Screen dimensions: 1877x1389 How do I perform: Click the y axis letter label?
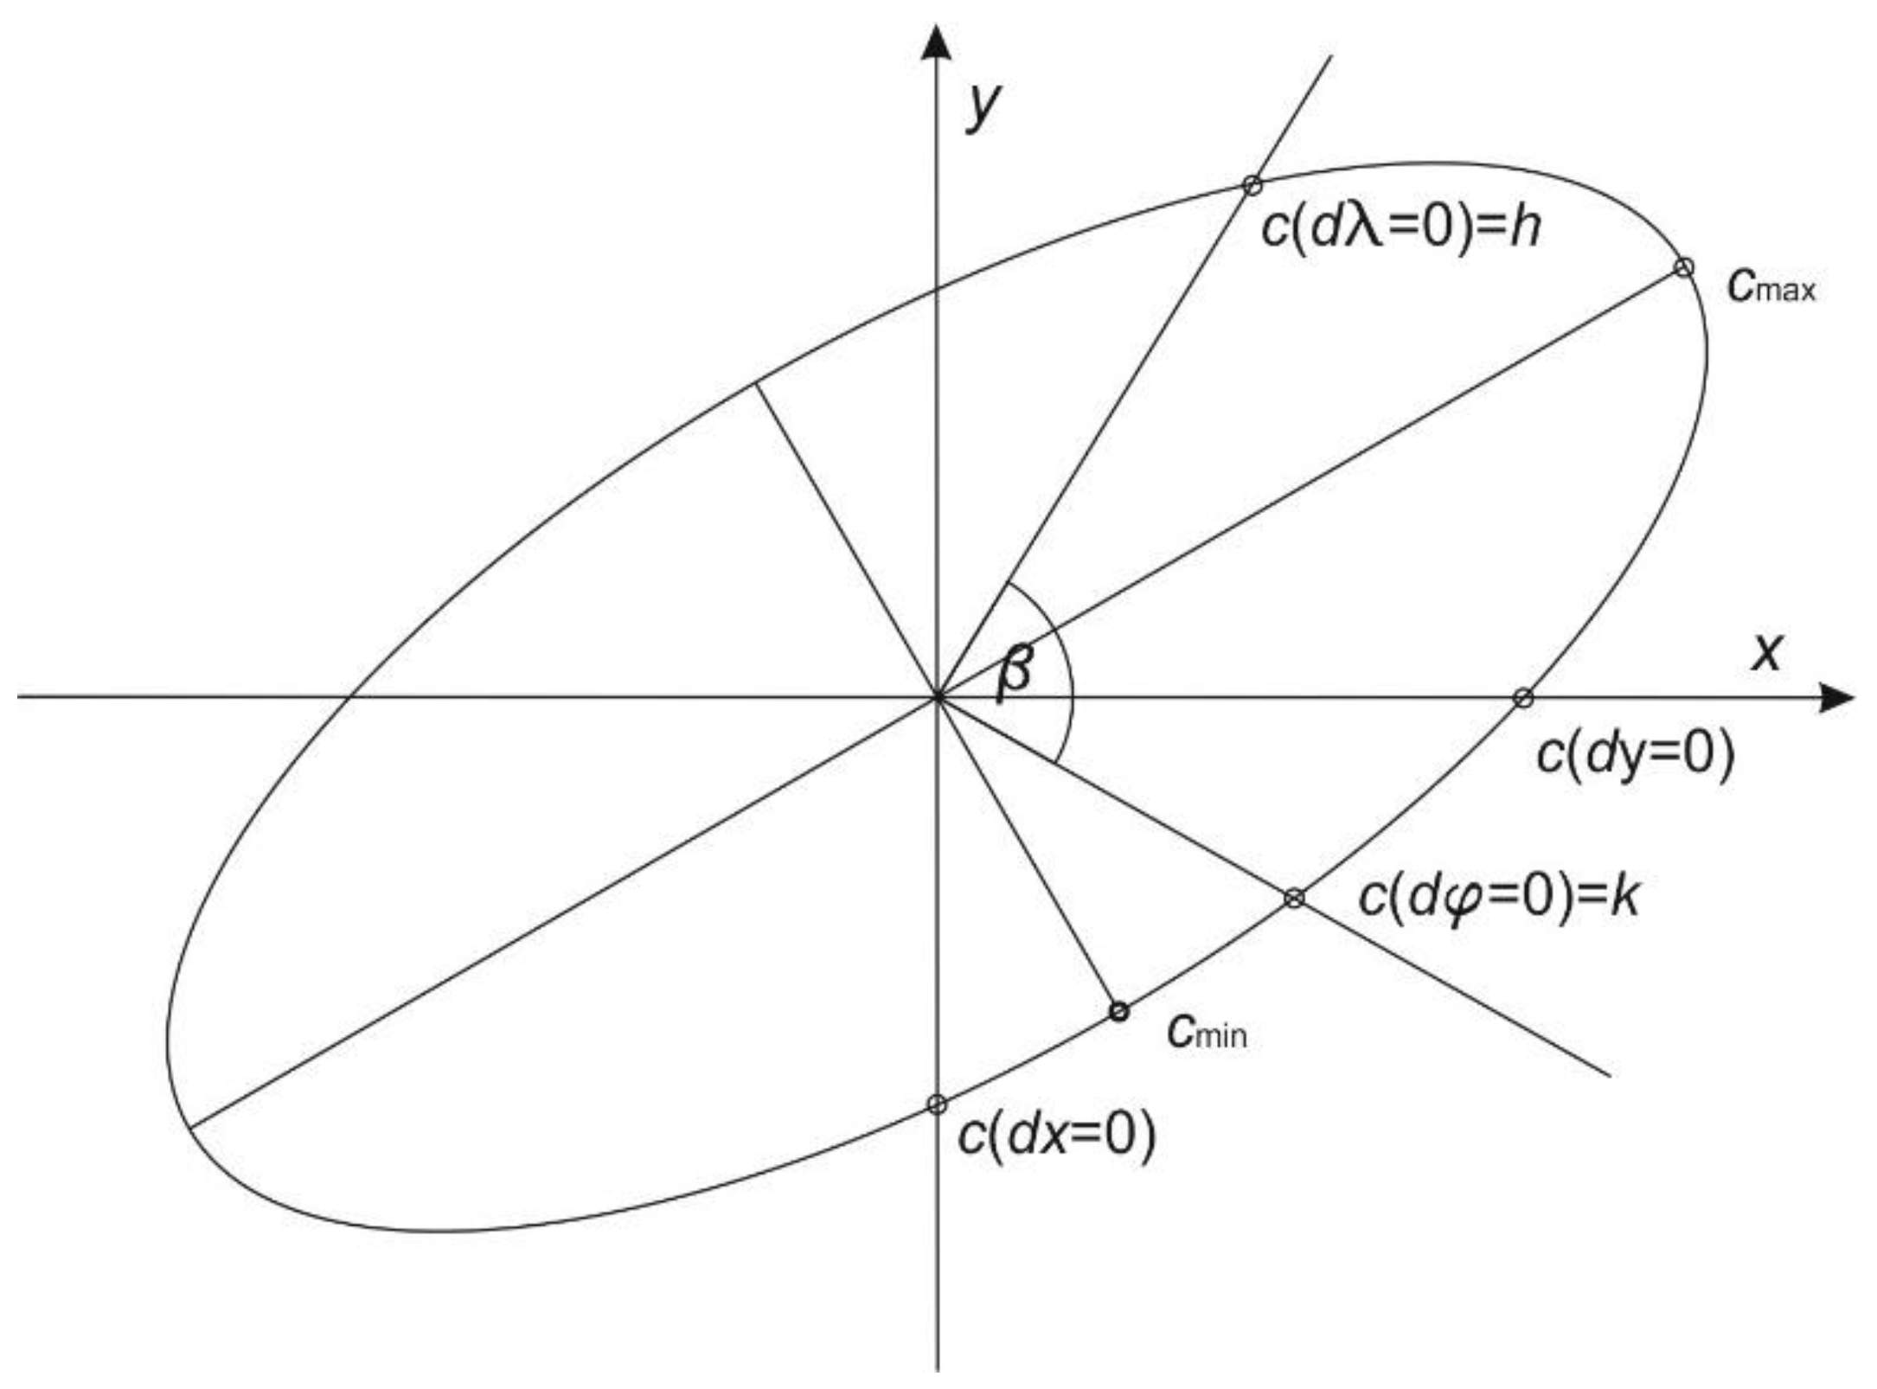(984, 106)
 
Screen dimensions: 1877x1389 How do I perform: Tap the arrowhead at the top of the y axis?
(937, 43)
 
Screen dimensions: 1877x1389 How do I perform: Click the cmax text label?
(1771, 286)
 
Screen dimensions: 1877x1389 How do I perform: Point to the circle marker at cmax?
(1683, 267)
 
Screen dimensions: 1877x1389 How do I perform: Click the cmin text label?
(1208, 1030)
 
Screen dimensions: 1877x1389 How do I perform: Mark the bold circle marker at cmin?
(1118, 1011)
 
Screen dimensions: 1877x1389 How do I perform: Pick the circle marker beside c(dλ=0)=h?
(1252, 184)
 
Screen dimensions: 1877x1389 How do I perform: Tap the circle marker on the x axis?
(1523, 698)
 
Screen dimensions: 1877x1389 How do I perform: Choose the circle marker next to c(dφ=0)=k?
(1294, 898)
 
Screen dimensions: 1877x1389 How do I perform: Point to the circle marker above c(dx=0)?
(937, 1104)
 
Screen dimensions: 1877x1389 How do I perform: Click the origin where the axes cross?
(937, 696)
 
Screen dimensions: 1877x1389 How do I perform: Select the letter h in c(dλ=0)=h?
(1525, 228)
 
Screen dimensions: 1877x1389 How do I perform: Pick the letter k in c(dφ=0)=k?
(1624, 897)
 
